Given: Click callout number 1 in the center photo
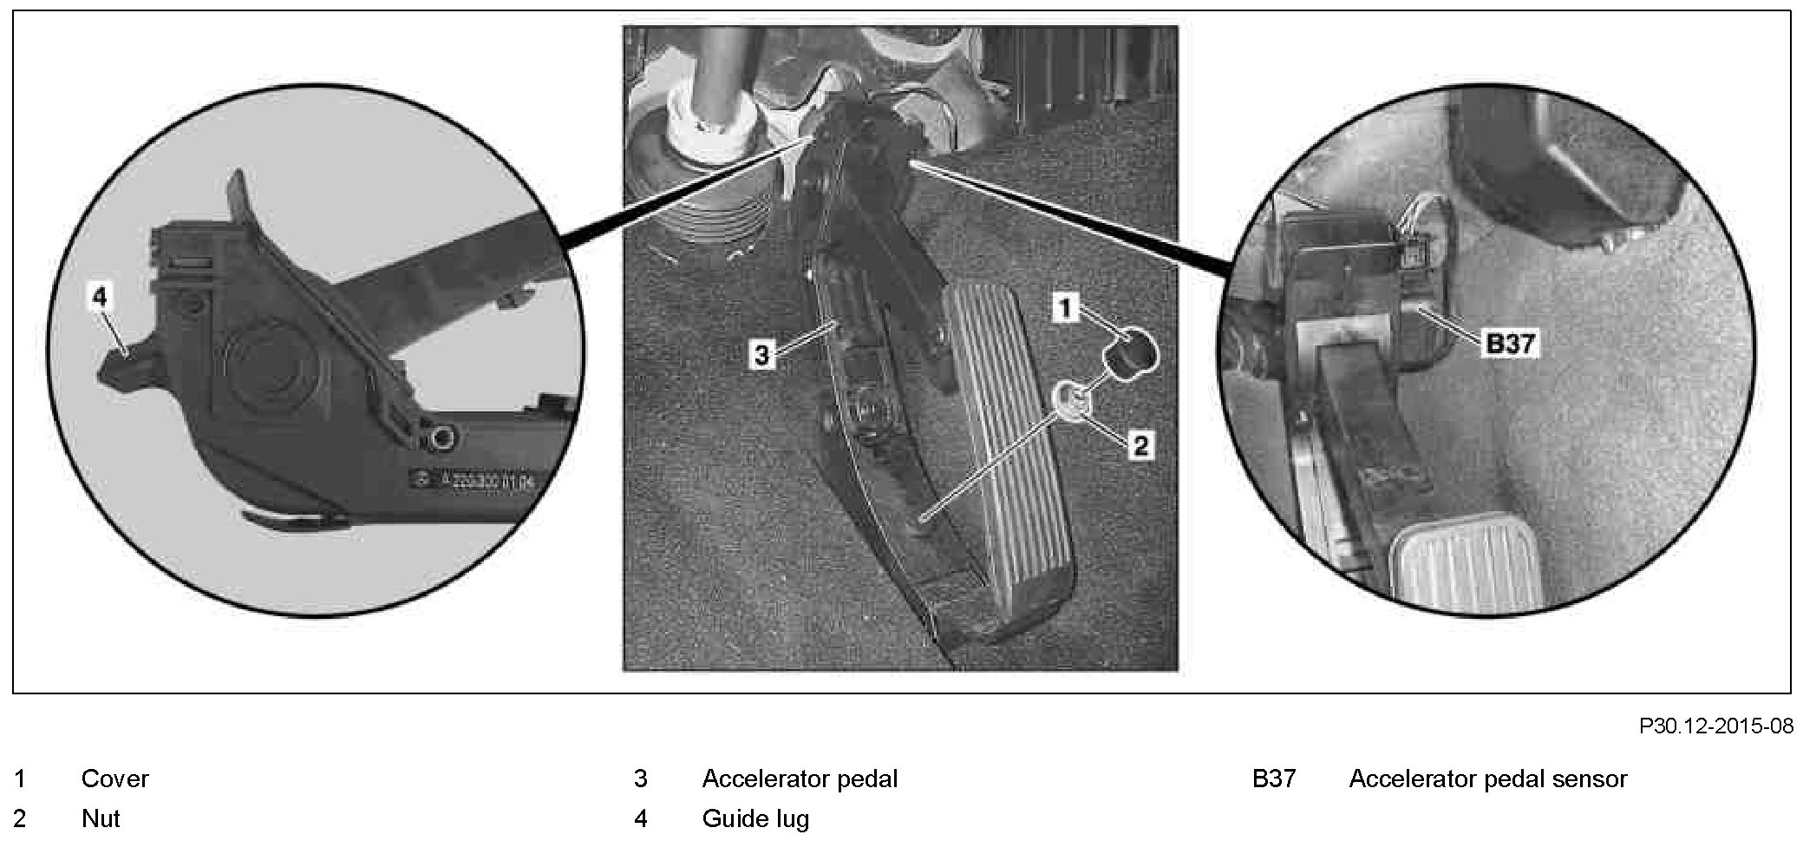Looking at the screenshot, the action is click(x=1066, y=307).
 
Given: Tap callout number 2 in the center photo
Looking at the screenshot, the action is click(x=1140, y=446).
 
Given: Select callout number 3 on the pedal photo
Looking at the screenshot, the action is click(x=761, y=354).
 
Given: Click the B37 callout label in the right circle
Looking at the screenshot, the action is click(x=1510, y=344).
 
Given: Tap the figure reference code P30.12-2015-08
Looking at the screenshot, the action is click(x=1715, y=726).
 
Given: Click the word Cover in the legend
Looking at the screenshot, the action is click(x=114, y=779).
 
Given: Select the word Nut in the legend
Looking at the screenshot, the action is click(x=101, y=818).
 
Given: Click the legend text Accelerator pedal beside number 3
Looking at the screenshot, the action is click(x=800, y=779).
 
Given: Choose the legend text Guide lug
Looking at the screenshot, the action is click(x=755, y=818).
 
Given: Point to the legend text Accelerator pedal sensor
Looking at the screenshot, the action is click(x=1487, y=779).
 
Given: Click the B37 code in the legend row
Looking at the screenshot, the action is click(x=1273, y=779).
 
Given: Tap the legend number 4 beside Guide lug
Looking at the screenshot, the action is click(x=641, y=818).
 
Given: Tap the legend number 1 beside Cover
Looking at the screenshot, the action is click(x=20, y=779).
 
